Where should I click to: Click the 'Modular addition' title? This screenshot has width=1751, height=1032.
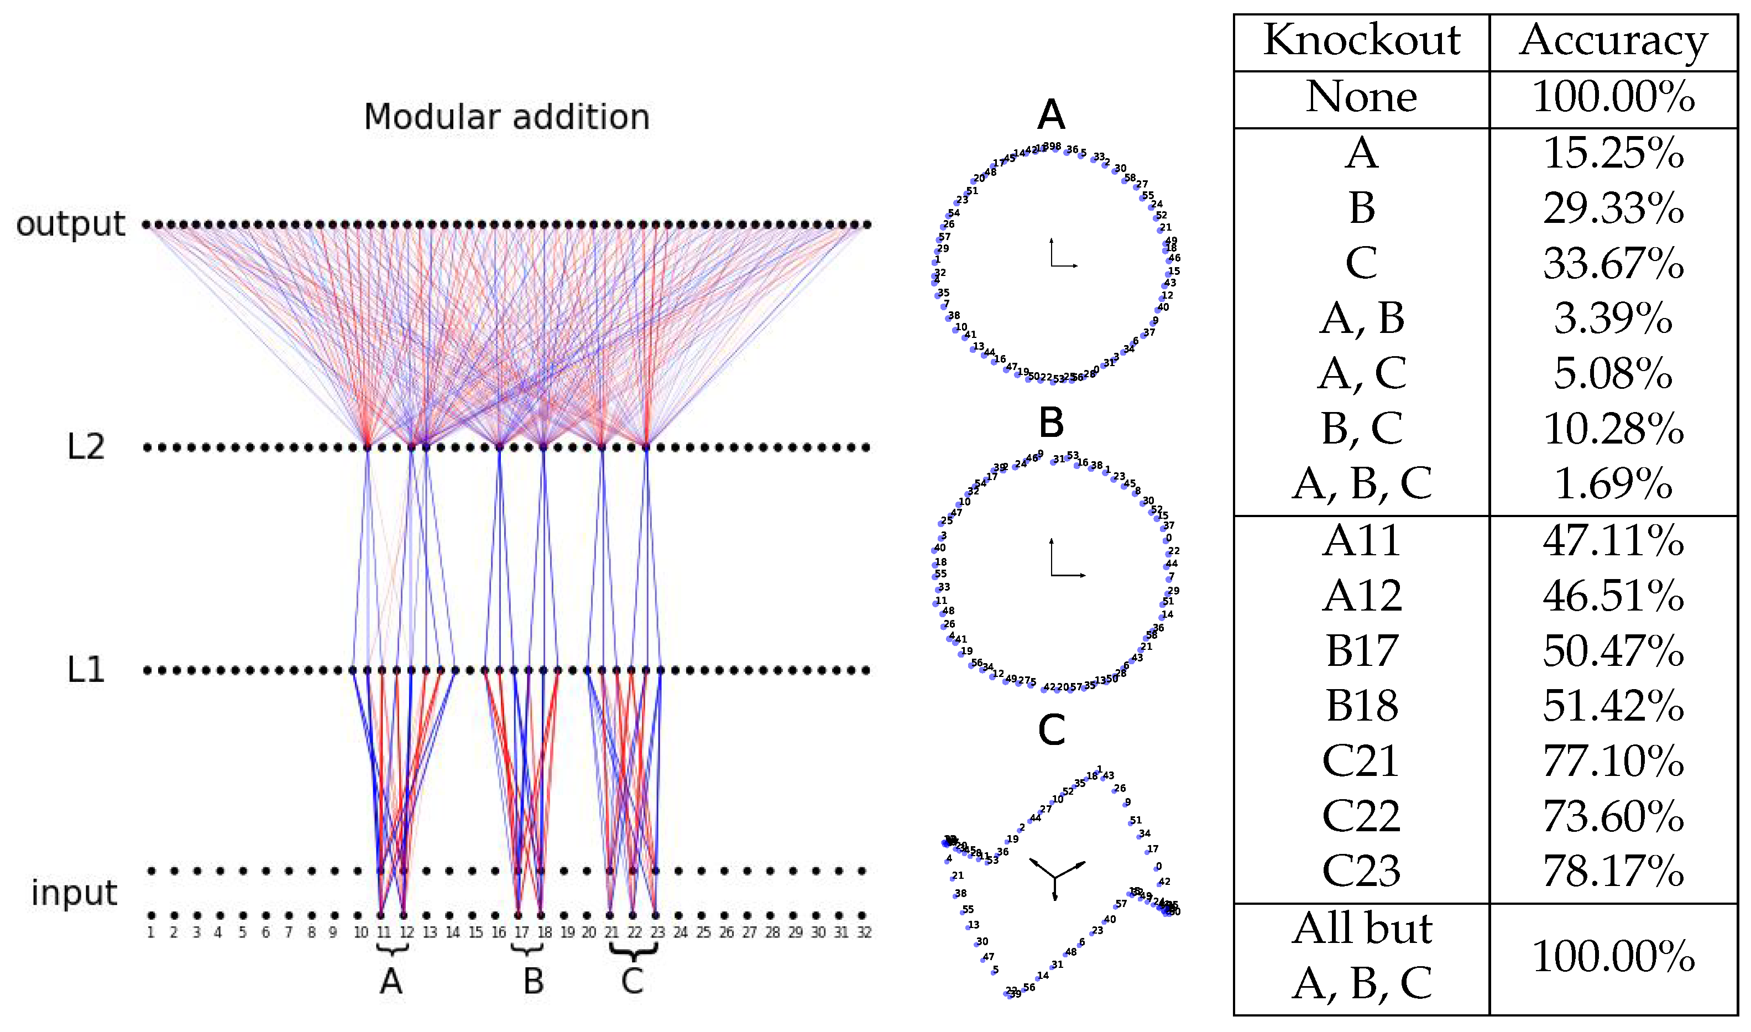pos(507,117)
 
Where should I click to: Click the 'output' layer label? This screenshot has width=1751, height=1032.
pos(70,225)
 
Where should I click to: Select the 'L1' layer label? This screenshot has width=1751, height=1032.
pos(86,670)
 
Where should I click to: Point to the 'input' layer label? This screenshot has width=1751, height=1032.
pos(75,892)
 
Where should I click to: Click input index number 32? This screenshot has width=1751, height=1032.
pos(863,932)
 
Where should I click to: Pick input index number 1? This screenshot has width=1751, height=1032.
pos(151,932)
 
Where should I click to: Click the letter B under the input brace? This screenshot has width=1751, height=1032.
pos(533,981)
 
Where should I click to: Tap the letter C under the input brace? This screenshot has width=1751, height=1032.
pos(632,981)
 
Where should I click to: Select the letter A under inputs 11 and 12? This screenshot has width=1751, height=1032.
pos(391,981)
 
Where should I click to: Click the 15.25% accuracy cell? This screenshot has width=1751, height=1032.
pos(1613,153)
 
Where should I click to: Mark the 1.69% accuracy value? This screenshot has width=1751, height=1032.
pos(1613,483)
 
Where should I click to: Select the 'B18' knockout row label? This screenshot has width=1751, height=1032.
pos(1361,706)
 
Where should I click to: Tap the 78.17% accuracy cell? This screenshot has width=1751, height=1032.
pos(1613,871)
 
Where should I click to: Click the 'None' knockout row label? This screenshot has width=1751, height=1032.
pos(1361,97)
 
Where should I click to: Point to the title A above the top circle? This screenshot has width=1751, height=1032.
pos(1050,114)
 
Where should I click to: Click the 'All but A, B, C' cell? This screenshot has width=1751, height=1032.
pos(1361,956)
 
